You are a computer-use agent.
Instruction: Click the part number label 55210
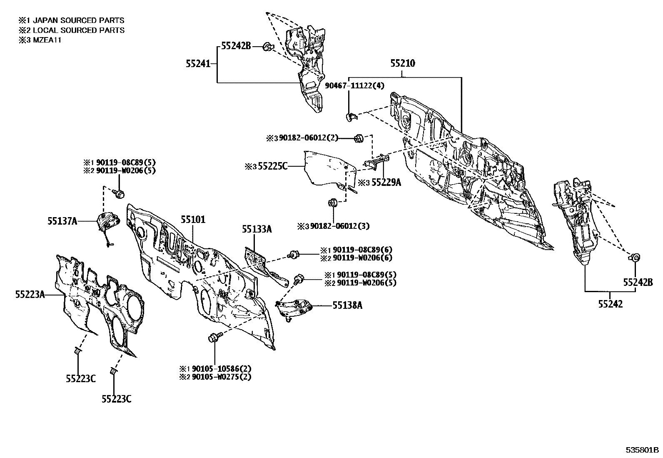tap(403, 63)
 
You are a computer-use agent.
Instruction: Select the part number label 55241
tap(198, 63)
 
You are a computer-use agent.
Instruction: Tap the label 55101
tap(193, 220)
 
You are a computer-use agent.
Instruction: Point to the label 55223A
tap(30, 295)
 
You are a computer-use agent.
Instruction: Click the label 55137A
tap(62, 221)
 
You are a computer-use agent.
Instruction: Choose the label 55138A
tap(347, 305)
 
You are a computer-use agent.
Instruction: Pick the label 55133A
tap(257, 229)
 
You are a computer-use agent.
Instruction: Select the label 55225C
tap(273, 166)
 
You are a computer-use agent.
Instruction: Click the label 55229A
tap(386, 183)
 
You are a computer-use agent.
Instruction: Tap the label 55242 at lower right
tap(610, 304)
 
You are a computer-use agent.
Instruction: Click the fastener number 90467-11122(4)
tap(354, 85)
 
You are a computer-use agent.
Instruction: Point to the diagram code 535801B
tap(642, 450)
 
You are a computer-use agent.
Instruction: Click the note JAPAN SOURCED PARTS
tap(78, 20)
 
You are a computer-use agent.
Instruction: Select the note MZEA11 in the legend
tap(47, 40)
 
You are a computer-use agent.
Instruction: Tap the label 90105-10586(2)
tap(222, 369)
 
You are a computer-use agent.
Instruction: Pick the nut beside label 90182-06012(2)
tap(359, 138)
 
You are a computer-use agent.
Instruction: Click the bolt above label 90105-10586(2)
tap(215, 337)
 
